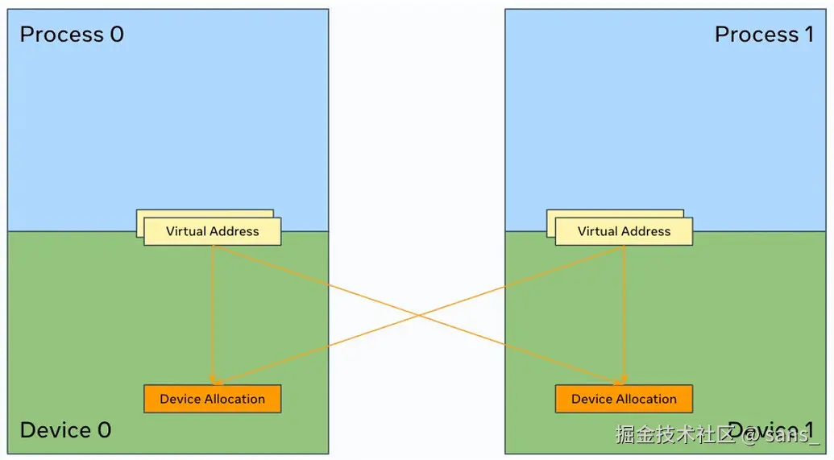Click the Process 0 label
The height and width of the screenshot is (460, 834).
[x=72, y=35]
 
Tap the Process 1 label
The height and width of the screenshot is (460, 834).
[x=764, y=35]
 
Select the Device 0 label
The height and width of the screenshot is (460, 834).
[x=65, y=430]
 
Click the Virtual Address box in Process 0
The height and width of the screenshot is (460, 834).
[x=213, y=231]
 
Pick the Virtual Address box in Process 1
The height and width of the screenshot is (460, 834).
[x=624, y=231]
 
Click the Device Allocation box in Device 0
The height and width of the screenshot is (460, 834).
[x=213, y=399]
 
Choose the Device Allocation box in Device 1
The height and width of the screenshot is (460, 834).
[x=624, y=399]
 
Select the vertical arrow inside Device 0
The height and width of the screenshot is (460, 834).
[x=212, y=314]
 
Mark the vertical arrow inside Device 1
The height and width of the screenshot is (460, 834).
[x=624, y=314]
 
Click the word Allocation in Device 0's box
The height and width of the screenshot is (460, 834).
[x=234, y=399]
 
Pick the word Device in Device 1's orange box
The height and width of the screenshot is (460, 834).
[x=591, y=399]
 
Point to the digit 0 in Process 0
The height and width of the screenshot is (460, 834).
[x=117, y=35]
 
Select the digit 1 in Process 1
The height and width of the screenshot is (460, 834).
[x=808, y=35]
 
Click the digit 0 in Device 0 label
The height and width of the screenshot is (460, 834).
[x=104, y=430]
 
